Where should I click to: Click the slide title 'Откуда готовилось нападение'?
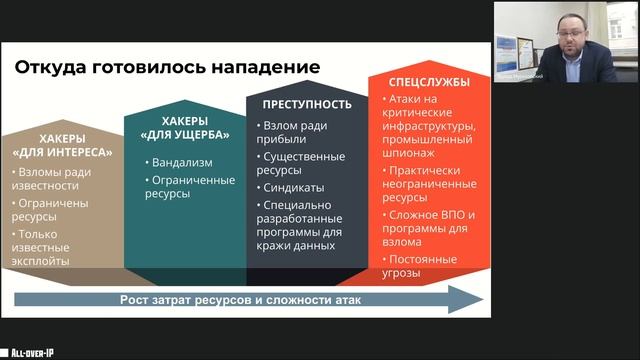pos(167,67)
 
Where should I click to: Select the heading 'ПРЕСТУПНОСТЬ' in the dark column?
pos(306,104)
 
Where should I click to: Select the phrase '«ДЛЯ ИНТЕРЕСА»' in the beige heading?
pos(62,153)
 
